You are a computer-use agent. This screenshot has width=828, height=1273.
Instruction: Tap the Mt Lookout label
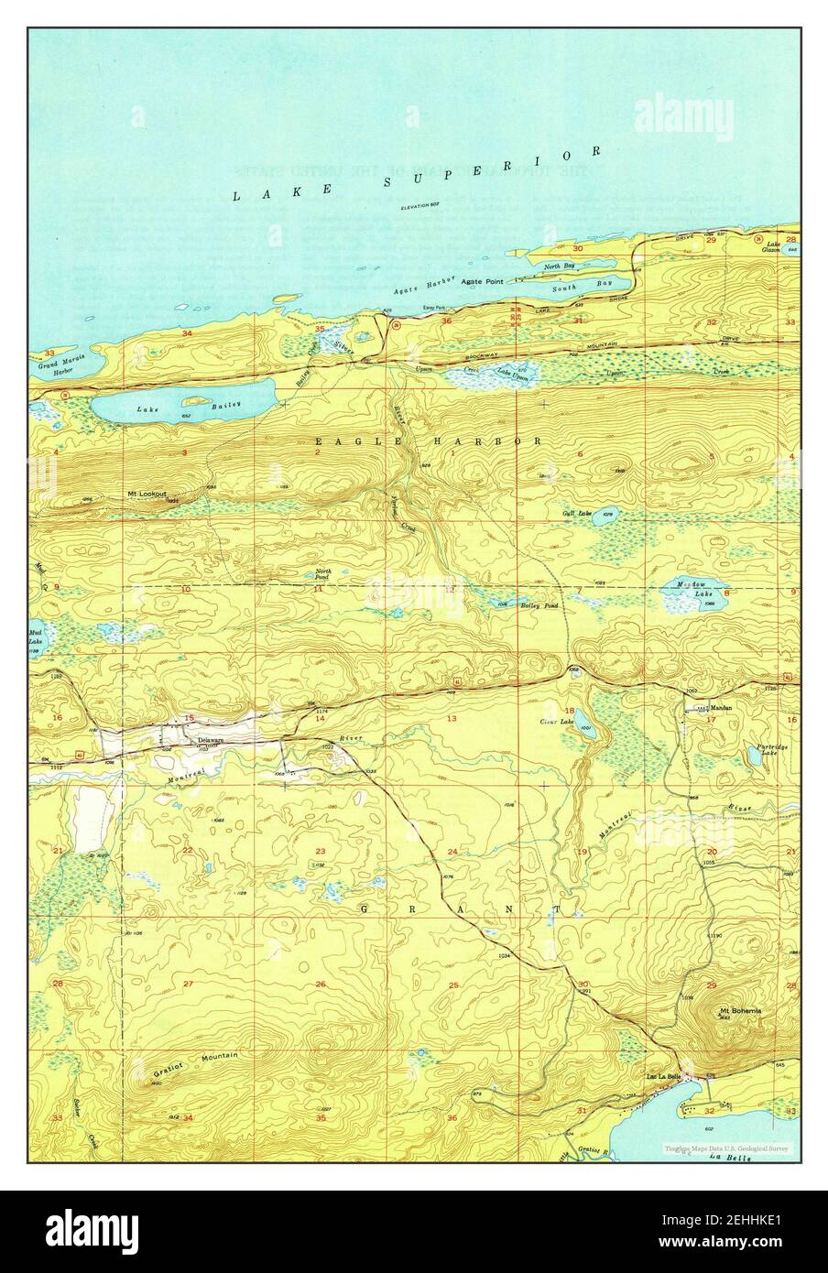click(147, 494)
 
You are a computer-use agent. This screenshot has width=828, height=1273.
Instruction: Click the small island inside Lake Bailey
click(193, 400)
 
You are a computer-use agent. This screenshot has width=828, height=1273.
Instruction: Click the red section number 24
click(452, 853)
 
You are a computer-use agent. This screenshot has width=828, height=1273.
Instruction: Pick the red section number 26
click(321, 985)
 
